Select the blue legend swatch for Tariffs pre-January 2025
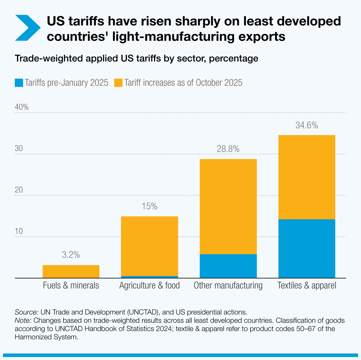click(x=19, y=82)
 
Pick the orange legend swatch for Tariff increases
click(x=118, y=82)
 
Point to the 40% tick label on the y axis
click(x=22, y=107)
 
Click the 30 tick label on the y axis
click(x=19, y=148)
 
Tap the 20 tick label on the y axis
click(x=19, y=190)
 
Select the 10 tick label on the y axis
click(x=19, y=231)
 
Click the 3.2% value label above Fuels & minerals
click(x=71, y=254)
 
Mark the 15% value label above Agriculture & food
click(x=149, y=206)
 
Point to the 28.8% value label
click(x=228, y=149)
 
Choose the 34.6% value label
click(x=307, y=125)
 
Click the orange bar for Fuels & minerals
click(x=71, y=271)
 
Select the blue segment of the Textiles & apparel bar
click(x=307, y=248)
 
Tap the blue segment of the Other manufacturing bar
click(x=228, y=266)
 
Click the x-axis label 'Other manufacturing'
click(x=228, y=286)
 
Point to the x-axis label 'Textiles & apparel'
click(x=307, y=286)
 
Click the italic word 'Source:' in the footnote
click(x=26, y=312)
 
